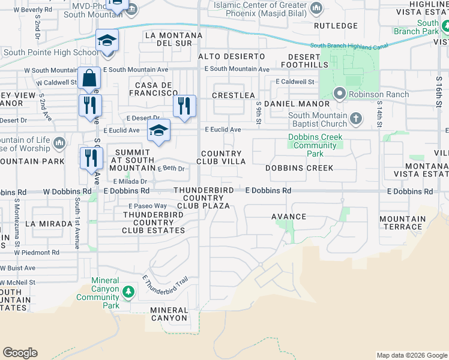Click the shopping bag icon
(89, 79)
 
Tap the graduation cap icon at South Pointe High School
(107, 40)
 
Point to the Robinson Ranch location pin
(339, 94)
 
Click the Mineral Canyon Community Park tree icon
(128, 292)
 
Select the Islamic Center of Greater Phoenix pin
(317, 8)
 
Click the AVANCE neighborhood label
(289, 217)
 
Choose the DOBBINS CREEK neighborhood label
(300, 168)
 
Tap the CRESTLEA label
(235, 95)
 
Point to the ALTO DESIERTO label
(231, 56)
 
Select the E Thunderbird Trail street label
(165, 289)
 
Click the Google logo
(20, 353)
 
